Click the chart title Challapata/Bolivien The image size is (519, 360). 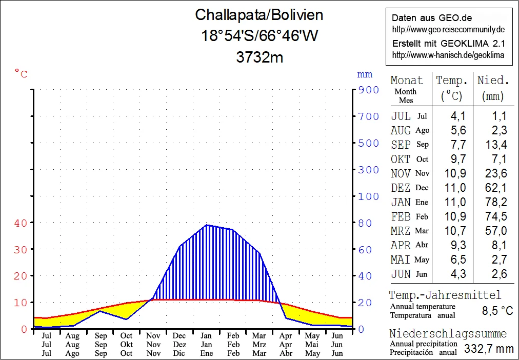pyautogui.click(x=259, y=15)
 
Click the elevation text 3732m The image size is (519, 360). pyautogui.click(x=259, y=57)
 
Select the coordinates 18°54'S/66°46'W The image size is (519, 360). pyautogui.click(x=259, y=36)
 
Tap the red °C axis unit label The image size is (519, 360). pyautogui.click(x=21, y=74)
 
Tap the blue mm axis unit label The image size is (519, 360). pyautogui.click(x=365, y=75)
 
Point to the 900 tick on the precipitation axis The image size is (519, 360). pyautogui.click(x=368, y=90)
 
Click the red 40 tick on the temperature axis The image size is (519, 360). pyautogui.click(x=21, y=223)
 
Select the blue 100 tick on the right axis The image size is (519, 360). pyautogui.click(x=368, y=196)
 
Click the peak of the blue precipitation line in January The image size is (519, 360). pyautogui.click(x=206, y=225)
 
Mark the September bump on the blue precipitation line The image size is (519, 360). pyautogui.click(x=100, y=311)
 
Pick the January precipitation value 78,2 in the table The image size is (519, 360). pyautogui.click(x=496, y=202)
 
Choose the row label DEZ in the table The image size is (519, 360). pyautogui.click(x=401, y=188)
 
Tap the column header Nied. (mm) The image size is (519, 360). pyautogui.click(x=493, y=88)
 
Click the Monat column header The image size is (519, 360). pyautogui.click(x=407, y=81)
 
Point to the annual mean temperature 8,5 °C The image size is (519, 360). pyautogui.click(x=497, y=311)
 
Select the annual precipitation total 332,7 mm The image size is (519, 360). pyautogui.click(x=488, y=349)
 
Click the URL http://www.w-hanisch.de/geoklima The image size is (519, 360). pyautogui.click(x=448, y=55)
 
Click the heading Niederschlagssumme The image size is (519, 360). pyautogui.click(x=447, y=334)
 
